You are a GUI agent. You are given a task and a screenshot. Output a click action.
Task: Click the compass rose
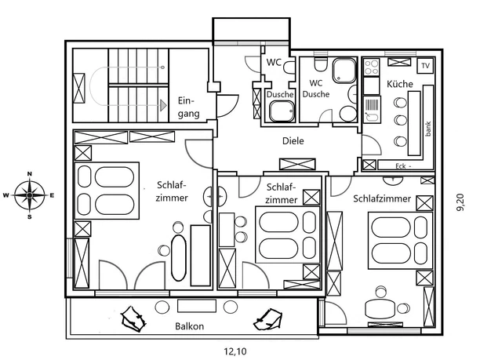[30, 195]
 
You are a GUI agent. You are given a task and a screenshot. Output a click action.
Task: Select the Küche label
[399, 82]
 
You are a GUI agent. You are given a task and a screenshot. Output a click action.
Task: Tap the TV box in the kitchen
[425, 66]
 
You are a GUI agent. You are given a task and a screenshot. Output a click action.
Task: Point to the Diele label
[293, 141]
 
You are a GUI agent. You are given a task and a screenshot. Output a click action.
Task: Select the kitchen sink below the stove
[372, 106]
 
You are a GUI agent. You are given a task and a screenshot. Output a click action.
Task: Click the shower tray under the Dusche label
[279, 112]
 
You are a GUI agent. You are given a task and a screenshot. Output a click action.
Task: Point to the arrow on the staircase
[163, 103]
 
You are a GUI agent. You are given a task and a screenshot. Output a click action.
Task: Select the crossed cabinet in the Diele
[297, 164]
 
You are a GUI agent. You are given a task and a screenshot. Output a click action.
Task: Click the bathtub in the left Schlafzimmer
[179, 259]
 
